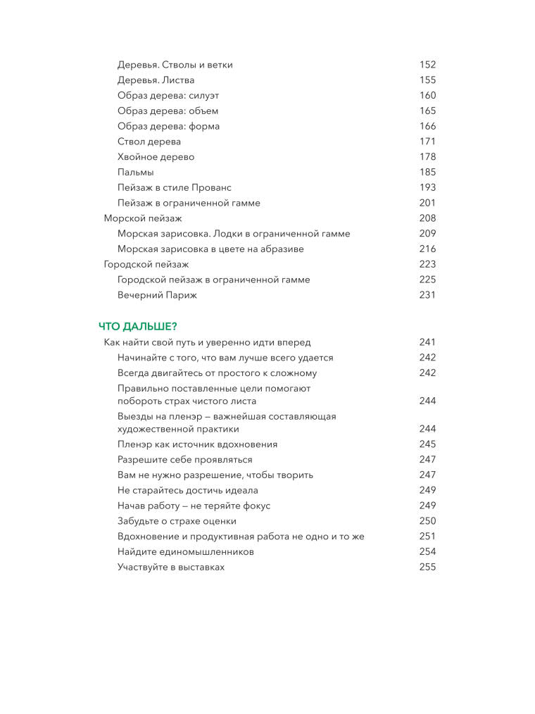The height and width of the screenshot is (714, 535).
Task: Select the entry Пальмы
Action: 136,172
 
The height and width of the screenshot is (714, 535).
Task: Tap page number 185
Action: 427,172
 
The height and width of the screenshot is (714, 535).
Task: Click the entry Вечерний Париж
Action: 157,295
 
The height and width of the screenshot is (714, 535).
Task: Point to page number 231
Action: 427,295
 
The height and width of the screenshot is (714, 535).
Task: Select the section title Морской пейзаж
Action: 143,218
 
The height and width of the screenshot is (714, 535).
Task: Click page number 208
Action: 427,218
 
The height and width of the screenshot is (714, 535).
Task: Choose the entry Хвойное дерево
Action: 156,157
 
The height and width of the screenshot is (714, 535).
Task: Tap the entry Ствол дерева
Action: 149,142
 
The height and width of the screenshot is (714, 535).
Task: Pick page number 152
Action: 427,65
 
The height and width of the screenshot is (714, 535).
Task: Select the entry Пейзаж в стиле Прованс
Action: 175,187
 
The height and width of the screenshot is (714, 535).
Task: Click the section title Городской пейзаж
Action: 146,264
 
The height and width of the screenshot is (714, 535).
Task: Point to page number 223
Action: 427,264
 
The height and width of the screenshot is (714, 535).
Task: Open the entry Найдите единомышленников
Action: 186,552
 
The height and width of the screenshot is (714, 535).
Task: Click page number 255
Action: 427,567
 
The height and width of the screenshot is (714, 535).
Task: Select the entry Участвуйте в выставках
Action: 171,567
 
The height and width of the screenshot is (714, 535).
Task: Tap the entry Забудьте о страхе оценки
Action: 177,521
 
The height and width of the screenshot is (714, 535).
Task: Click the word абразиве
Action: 282,249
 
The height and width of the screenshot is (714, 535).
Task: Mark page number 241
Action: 427,342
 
